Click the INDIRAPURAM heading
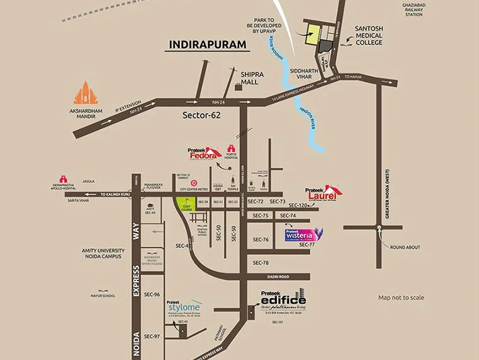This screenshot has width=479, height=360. (x=204, y=45)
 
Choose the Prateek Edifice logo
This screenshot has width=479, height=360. (x=283, y=301)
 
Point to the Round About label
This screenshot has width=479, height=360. (x=405, y=247)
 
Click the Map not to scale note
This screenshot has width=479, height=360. (x=401, y=297)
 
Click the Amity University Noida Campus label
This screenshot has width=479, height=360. (x=103, y=255)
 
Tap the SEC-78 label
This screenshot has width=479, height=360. (x=262, y=262)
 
